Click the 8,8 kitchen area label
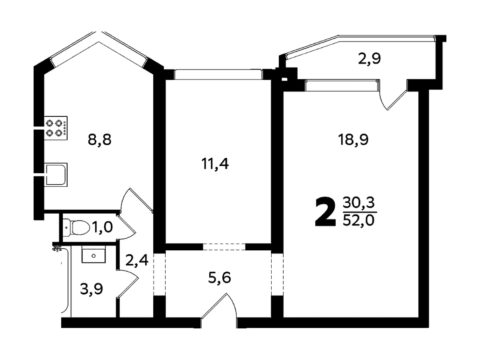point(100,140)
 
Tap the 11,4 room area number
point(215,164)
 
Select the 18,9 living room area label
point(353,140)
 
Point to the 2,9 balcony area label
point(369,58)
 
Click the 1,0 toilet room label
point(102,227)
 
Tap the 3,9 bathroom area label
point(92,289)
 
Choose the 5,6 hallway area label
point(220,278)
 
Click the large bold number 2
point(325,212)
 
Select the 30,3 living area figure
point(359,203)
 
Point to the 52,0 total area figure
point(359,220)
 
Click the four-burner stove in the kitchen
point(56,128)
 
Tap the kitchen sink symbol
point(56,175)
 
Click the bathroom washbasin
point(94,254)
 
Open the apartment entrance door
point(219,309)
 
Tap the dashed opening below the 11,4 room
point(224,246)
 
